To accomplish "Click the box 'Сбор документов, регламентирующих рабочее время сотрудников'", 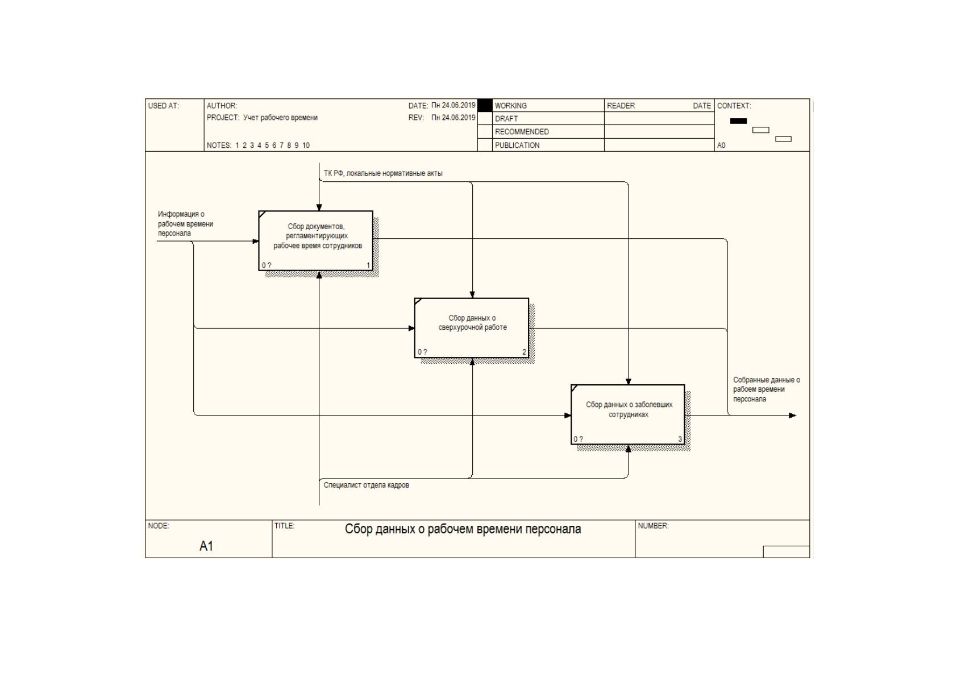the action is click(x=316, y=240).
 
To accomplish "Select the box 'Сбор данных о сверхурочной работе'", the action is click(x=472, y=328).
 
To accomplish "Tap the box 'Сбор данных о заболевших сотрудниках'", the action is click(x=628, y=414).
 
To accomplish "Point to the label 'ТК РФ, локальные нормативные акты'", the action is click(x=383, y=173).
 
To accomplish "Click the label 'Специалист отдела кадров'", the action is click(x=366, y=485).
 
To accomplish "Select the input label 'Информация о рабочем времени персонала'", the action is click(x=185, y=223).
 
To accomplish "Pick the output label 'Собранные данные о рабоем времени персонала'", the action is click(x=767, y=389).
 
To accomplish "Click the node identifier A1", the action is click(x=206, y=546).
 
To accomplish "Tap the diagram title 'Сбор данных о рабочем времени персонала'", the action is click(x=463, y=529).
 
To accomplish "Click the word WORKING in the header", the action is click(x=510, y=106).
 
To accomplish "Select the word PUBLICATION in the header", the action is click(x=517, y=146).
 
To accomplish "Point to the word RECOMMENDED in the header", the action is click(x=522, y=132).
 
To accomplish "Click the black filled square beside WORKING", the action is click(x=485, y=105).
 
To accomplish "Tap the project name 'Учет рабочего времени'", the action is click(x=280, y=118).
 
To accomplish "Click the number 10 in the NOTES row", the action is click(x=306, y=146).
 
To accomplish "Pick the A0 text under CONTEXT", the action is click(x=721, y=146).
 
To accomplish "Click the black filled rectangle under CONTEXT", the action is click(x=738, y=121).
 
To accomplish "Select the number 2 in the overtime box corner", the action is click(x=524, y=352).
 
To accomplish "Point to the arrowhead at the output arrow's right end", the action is click(x=793, y=416).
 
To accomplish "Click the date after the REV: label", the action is click(x=453, y=118).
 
